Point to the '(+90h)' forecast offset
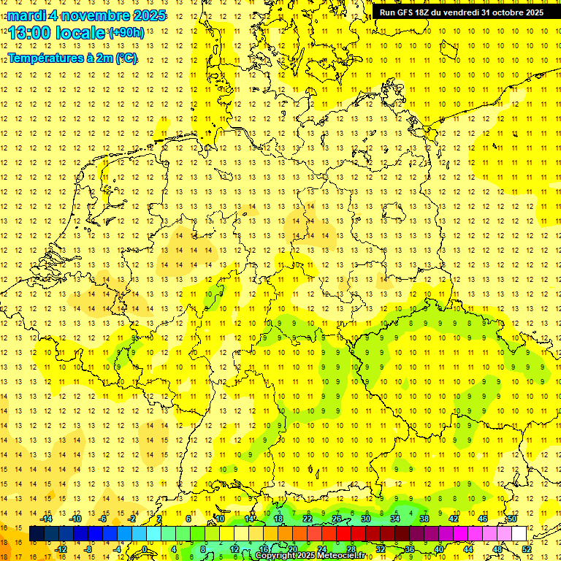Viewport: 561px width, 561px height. (126, 33)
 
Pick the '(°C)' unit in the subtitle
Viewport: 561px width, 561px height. (126, 58)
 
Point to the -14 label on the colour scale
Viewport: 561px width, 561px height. (46, 519)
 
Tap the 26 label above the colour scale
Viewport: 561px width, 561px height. (337, 519)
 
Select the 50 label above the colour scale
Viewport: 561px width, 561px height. (512, 519)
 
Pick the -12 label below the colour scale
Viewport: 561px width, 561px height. (61, 549)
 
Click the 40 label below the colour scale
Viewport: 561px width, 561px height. (439, 549)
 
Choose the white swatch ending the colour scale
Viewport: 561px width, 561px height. (519, 533)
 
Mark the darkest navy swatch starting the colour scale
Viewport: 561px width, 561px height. (37, 533)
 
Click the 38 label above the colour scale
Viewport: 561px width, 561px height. (424, 519)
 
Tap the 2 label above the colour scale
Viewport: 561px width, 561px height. (159, 519)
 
